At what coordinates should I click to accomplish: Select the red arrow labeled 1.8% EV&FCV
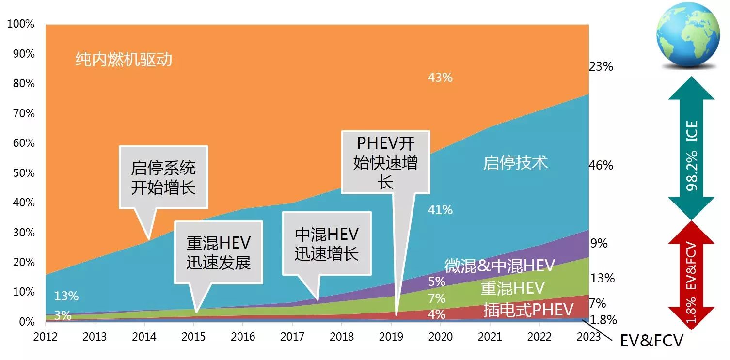692,271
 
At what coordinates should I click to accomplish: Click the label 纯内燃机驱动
124,60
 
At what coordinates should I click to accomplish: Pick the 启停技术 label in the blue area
515,163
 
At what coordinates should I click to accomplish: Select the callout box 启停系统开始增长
163,177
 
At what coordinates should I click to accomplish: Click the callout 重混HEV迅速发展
218,252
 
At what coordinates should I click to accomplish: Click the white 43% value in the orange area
440,78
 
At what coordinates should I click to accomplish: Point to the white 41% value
440,210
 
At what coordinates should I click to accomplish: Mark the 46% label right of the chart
601,165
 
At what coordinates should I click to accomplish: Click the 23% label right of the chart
601,66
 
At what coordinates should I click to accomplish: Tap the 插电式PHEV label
528,310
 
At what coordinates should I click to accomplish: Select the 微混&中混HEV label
499,266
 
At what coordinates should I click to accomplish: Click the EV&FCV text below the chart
651,341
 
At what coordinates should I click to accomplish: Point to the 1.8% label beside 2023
604,320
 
